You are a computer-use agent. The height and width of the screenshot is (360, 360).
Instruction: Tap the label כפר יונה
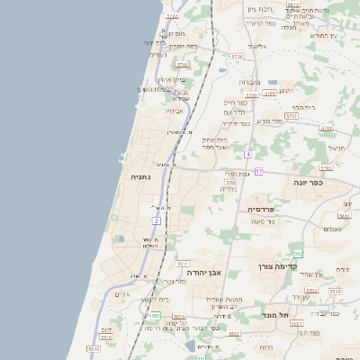(308, 182)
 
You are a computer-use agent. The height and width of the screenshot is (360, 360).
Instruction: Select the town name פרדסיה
(265, 209)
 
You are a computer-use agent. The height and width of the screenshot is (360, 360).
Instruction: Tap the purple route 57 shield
(259, 171)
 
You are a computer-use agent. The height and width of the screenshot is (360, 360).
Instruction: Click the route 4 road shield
(248, 155)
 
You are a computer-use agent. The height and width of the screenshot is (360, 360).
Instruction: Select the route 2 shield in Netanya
(156, 220)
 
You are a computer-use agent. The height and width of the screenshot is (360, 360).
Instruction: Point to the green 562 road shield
(298, 255)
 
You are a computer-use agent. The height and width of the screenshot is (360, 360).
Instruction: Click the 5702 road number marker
(231, 183)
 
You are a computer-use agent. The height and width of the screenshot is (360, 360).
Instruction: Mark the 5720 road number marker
(237, 57)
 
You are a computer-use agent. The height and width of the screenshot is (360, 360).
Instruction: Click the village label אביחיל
(174, 111)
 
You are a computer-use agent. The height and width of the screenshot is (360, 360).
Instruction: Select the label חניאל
(337, 148)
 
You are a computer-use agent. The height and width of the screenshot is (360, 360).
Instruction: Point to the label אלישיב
(257, 45)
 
